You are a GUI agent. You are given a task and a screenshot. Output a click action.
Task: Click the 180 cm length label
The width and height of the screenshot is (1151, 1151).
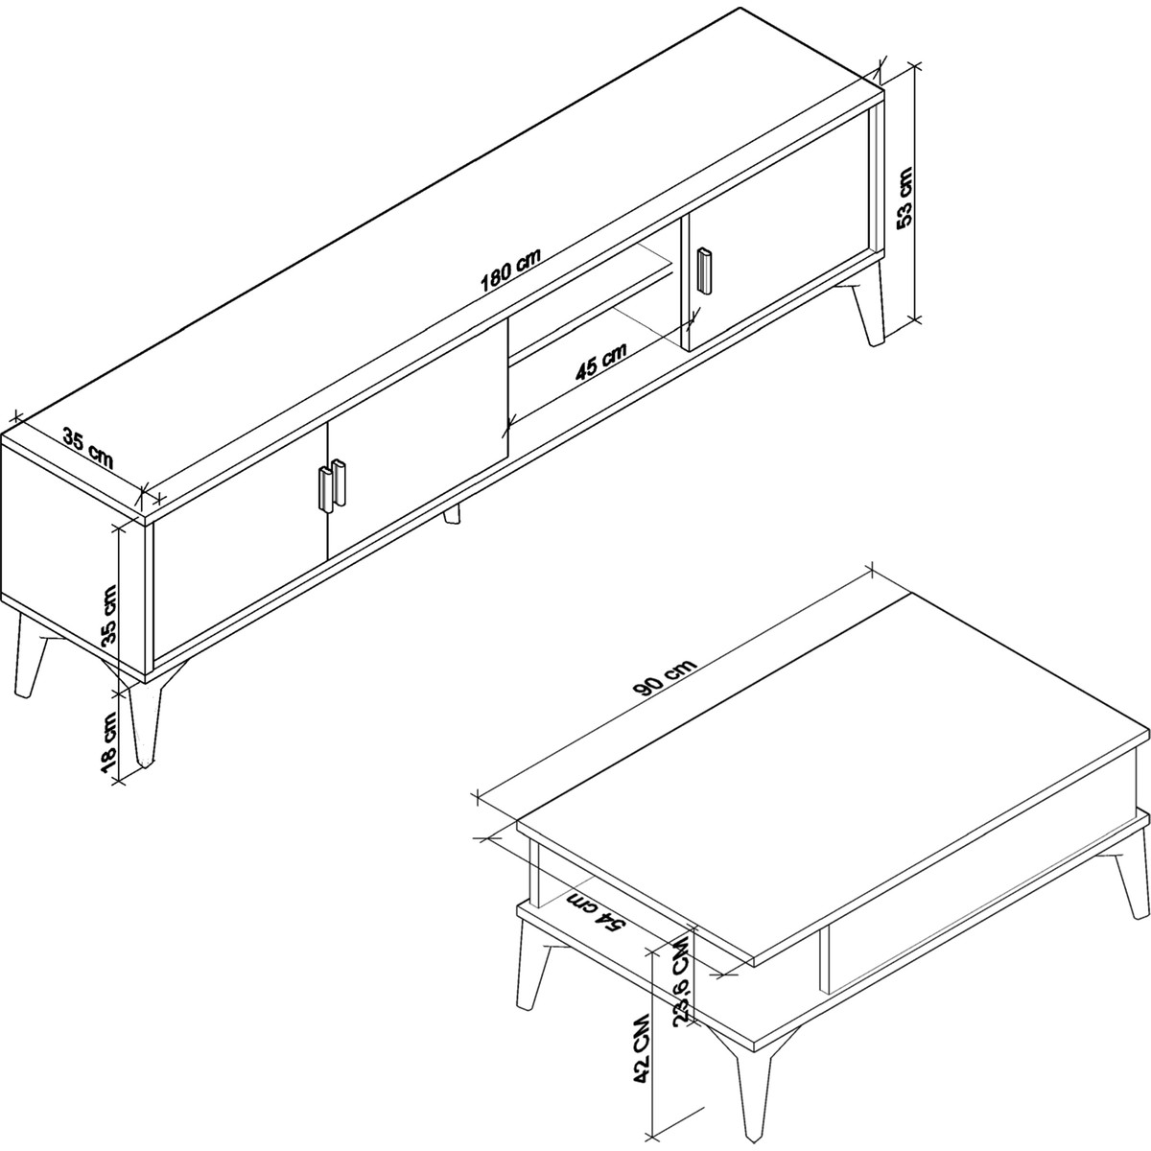(510, 270)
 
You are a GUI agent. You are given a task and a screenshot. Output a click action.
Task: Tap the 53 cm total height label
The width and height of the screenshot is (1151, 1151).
(904, 197)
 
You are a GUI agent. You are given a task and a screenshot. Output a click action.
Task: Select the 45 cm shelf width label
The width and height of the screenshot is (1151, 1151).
(600, 362)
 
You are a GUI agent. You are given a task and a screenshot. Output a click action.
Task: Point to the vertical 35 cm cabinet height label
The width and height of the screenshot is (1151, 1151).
(110, 615)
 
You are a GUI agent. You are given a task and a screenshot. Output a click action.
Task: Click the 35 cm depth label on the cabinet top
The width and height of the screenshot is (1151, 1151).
(88, 448)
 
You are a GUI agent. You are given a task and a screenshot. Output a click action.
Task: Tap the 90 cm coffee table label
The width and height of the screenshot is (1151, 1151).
(665, 678)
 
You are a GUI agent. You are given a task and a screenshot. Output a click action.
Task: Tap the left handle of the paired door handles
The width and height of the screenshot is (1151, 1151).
(326, 489)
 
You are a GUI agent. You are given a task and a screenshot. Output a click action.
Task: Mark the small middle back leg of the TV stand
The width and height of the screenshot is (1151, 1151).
(452, 514)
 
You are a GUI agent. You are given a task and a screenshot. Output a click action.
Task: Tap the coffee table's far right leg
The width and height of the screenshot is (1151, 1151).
(1127, 894)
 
